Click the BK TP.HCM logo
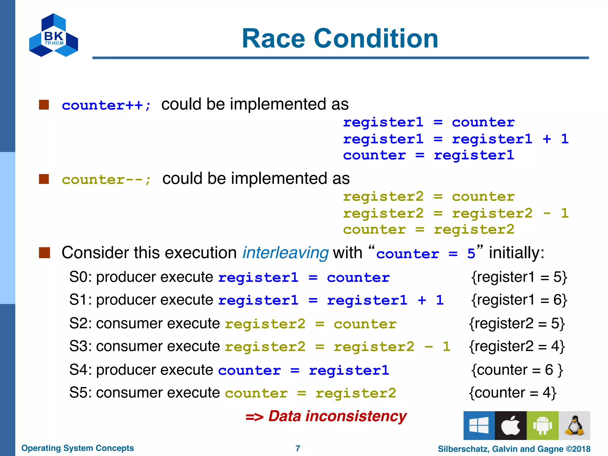pos(53,35)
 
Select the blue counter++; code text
pos(106,105)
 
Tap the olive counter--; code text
pos(106,180)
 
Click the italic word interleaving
pos(285,253)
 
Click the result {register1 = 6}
pos(519,300)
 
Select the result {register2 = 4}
pos(517,346)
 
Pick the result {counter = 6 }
pos(517,370)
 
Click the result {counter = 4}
pos(512,393)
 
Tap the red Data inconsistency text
pos(337,416)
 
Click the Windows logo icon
pos(479,425)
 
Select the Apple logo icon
pos(511,425)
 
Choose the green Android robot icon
pos(542,425)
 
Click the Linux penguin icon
pos(574,425)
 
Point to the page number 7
pos(298,448)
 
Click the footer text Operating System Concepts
pos(77,448)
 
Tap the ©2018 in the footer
pos(578,449)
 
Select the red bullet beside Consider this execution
pos(44,253)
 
